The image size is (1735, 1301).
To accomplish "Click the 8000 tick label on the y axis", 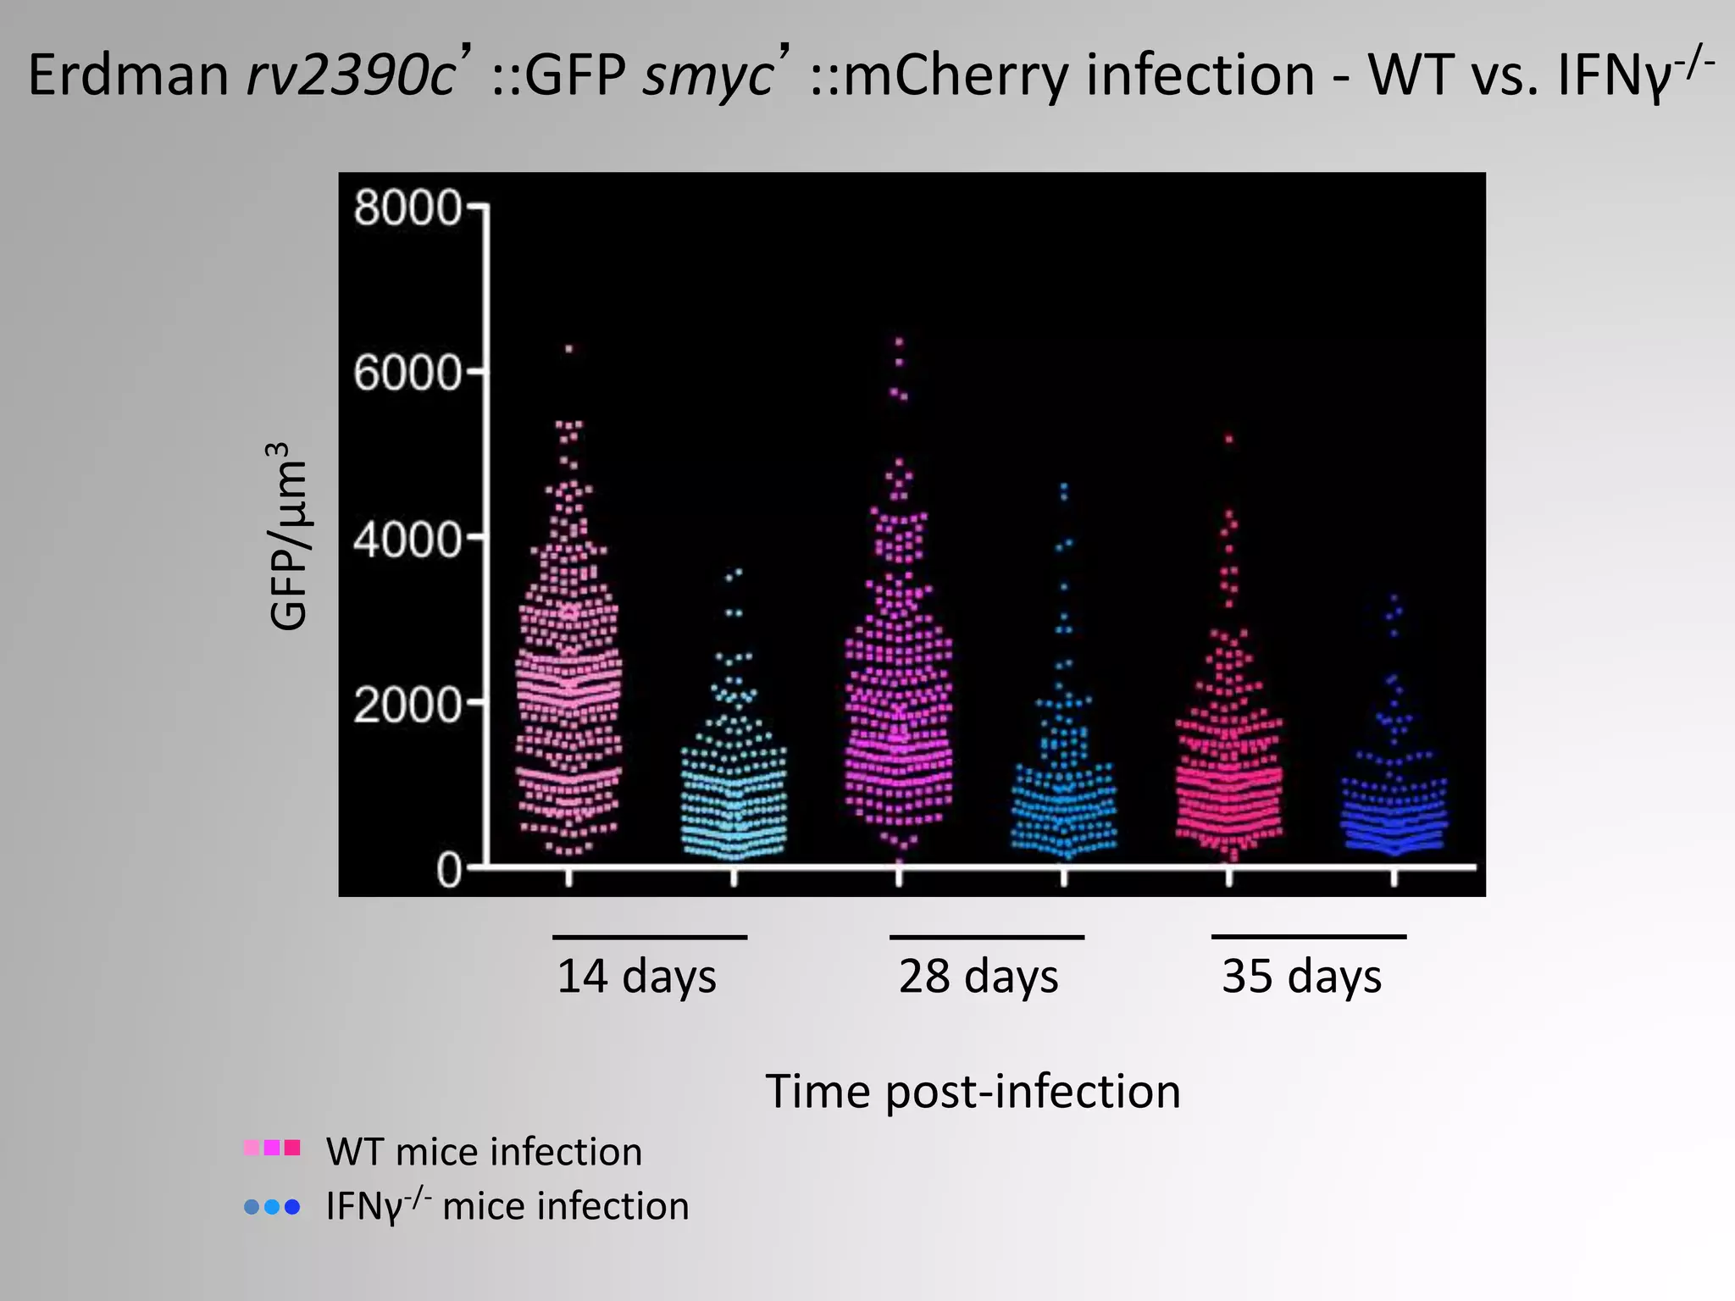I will point(407,208).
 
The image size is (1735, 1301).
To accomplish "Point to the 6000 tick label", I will point(407,374).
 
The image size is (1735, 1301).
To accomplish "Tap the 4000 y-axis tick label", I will point(407,540).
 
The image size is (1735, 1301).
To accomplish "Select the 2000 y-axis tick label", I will point(407,705).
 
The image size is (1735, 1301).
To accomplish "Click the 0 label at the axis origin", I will point(449,870).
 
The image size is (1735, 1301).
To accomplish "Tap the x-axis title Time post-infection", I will point(973,1091).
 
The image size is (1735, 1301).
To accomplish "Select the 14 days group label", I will point(636,976).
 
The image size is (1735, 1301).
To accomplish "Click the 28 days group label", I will point(978,976).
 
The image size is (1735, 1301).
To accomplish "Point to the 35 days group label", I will point(1301,976).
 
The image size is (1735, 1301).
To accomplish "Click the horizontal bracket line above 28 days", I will point(986,937).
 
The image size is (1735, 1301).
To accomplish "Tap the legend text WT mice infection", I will point(484,1152).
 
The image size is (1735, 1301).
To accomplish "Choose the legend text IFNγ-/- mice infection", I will point(507,1206).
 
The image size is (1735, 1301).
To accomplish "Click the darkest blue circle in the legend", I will point(292,1207).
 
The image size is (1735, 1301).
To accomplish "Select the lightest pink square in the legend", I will point(252,1148).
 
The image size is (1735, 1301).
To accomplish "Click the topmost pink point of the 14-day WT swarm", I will point(569,348).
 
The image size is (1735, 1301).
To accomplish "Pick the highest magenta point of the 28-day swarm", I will point(899,341).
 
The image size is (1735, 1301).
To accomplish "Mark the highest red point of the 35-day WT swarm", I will point(1229,439).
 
